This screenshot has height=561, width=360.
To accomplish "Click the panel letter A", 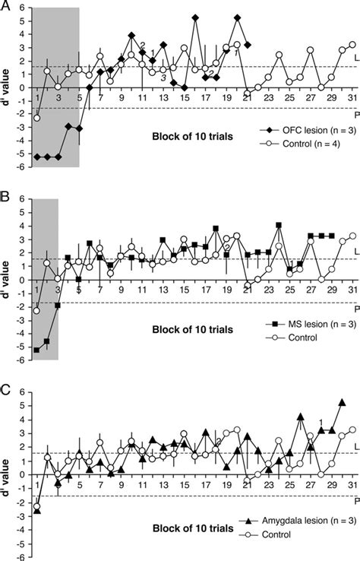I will click(x=5, y=6).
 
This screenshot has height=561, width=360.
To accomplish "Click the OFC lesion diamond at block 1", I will click(x=37, y=156).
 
